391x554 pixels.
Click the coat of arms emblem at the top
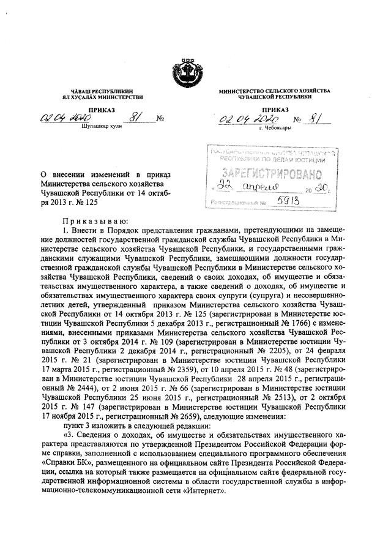(195, 66)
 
